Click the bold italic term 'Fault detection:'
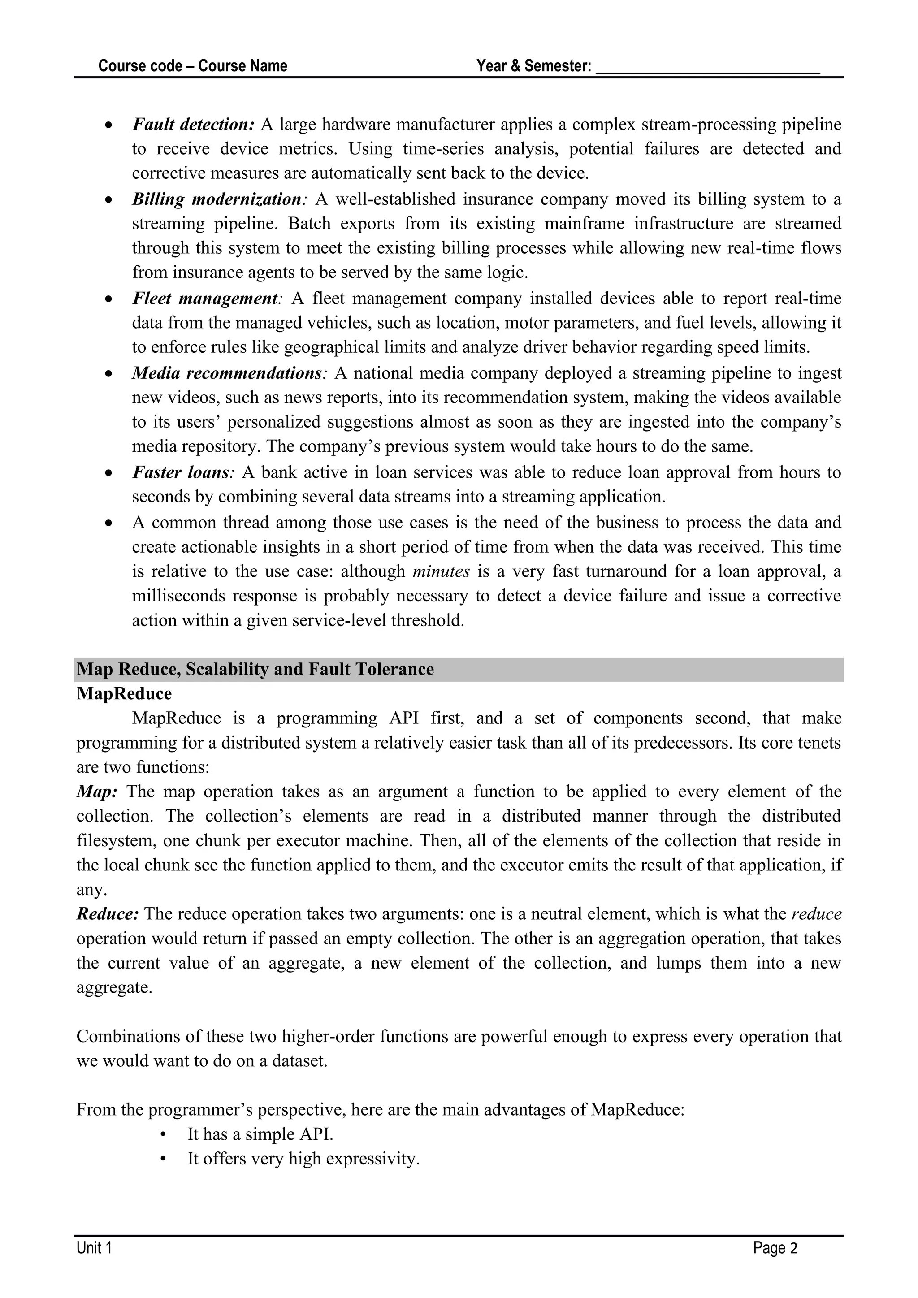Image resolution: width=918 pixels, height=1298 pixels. (193, 124)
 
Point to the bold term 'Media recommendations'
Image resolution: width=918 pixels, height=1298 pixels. (227, 373)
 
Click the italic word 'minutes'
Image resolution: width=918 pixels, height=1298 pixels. (441, 571)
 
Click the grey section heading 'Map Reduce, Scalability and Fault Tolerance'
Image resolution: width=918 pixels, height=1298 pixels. (255, 669)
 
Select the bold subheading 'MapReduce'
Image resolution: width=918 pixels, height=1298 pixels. (124, 694)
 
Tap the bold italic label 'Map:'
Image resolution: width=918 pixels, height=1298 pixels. (97, 792)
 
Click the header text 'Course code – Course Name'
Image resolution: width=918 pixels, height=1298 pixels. (193, 66)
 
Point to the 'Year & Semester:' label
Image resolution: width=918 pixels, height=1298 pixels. (533, 66)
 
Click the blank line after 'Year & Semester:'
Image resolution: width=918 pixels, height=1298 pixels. (708, 68)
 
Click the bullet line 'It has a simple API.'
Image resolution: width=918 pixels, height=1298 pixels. (260, 1134)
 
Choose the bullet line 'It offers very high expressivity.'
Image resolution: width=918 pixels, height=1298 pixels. (303, 1159)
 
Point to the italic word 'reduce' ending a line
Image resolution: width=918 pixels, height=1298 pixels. (816, 914)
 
